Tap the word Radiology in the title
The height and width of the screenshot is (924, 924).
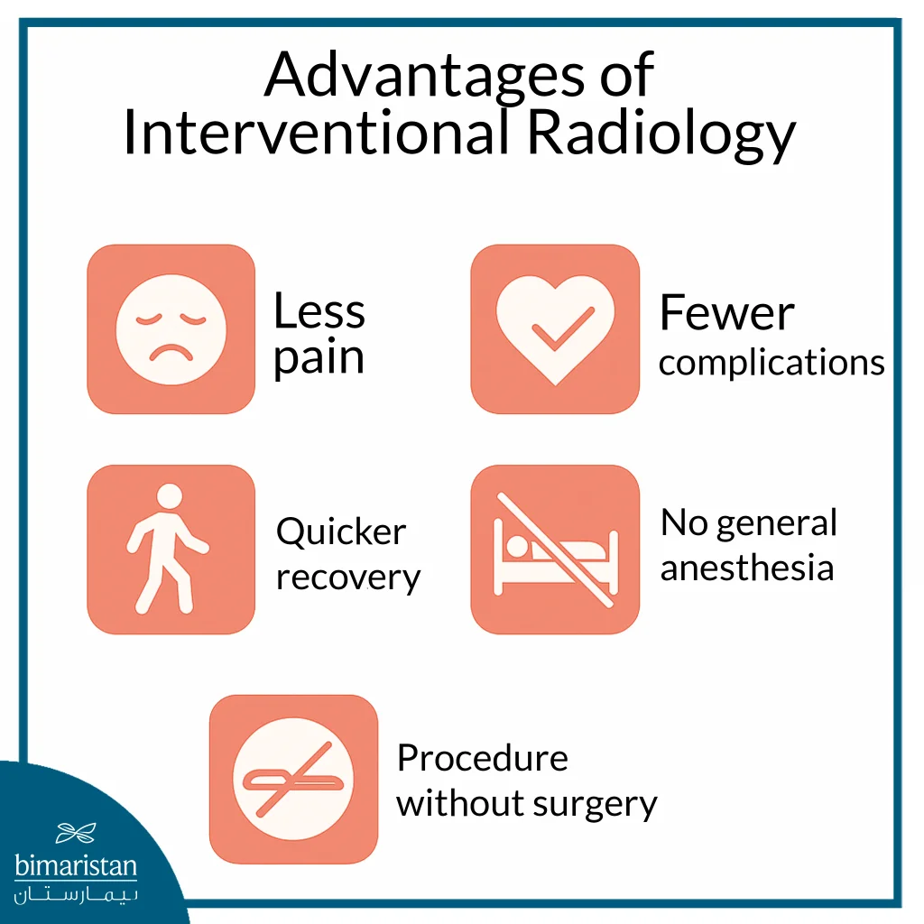click(x=661, y=134)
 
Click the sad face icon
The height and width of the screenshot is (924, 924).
click(x=171, y=329)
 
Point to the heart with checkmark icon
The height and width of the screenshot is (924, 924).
click(x=555, y=329)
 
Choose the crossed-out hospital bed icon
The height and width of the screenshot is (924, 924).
click(x=555, y=549)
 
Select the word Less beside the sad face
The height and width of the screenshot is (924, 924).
click(x=319, y=312)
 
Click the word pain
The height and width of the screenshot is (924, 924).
click(x=319, y=358)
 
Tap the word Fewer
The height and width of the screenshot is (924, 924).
click(x=726, y=313)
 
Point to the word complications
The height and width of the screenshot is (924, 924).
click(x=772, y=363)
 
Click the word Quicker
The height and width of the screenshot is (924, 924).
click(x=341, y=531)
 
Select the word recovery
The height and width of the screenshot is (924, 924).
click(x=348, y=577)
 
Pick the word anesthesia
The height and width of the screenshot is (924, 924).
click(x=747, y=568)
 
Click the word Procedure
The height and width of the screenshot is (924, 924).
click(x=483, y=758)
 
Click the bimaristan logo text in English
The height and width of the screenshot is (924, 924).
click(x=77, y=867)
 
